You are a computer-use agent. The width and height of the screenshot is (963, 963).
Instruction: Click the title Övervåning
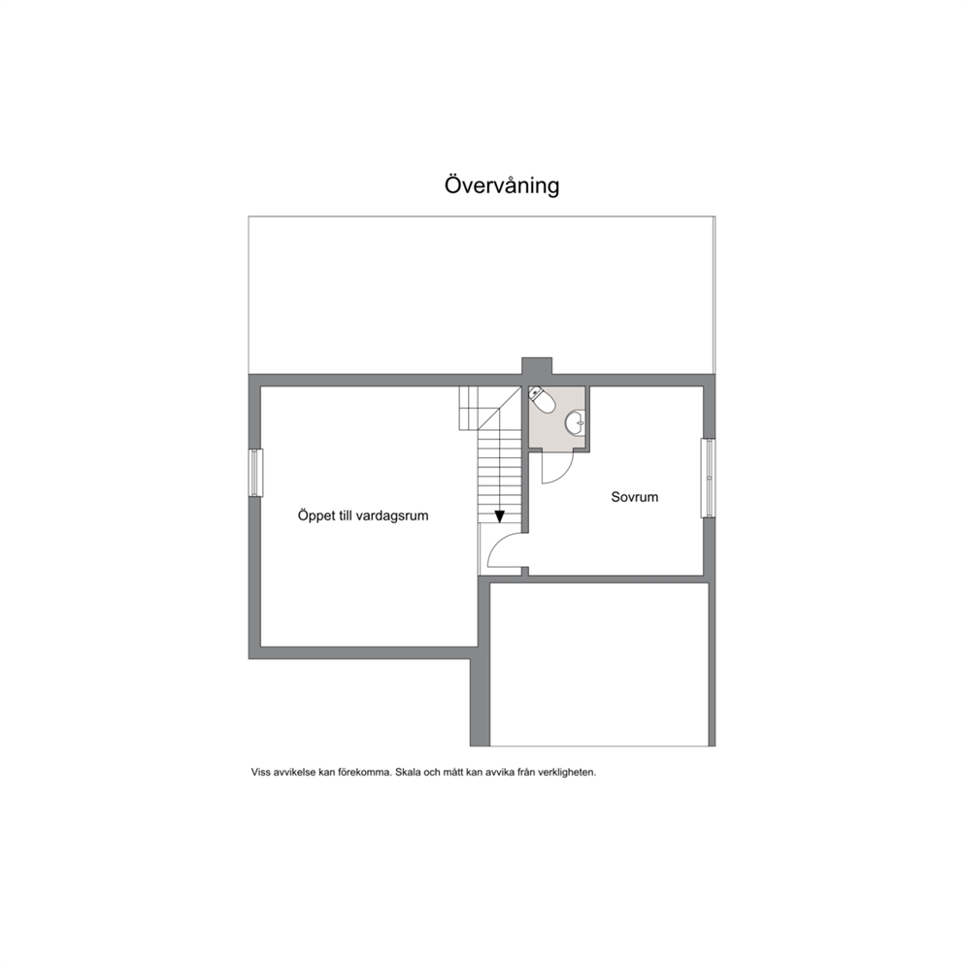click(502, 185)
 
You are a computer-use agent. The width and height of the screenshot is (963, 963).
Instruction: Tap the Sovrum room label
click(635, 497)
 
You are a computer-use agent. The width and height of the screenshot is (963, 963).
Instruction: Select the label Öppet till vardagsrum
click(363, 515)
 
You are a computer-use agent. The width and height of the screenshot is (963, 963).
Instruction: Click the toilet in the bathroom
click(542, 400)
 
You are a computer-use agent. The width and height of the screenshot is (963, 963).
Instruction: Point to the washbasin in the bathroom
click(576, 422)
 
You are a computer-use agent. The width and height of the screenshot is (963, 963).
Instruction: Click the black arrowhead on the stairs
click(499, 516)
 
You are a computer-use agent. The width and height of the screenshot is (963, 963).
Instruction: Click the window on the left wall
click(255, 473)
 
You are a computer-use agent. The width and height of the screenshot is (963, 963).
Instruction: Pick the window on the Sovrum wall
click(709, 478)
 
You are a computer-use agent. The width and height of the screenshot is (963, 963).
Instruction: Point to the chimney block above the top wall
click(537, 365)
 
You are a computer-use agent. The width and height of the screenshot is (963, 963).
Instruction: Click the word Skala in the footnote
click(409, 773)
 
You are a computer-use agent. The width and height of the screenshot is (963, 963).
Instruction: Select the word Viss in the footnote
click(260, 773)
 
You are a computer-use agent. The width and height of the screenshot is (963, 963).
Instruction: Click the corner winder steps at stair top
click(489, 408)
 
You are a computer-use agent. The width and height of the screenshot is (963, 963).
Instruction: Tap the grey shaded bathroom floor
click(556, 418)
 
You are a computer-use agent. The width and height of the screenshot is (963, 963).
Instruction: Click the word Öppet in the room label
click(315, 515)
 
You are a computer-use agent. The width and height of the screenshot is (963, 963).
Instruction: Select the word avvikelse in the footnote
click(295, 773)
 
